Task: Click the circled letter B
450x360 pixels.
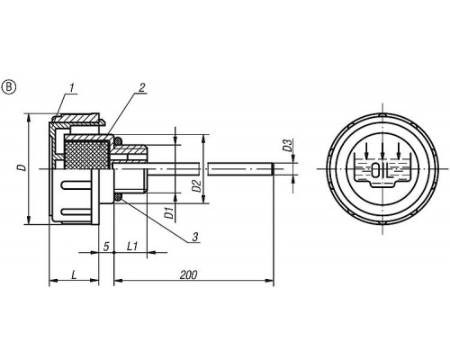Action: [9, 87]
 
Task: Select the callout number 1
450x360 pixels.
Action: [72, 88]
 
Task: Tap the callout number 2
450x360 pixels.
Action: [142, 87]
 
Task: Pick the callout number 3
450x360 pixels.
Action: [195, 237]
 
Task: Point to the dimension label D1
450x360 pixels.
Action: [169, 212]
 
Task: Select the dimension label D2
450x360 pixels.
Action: [196, 186]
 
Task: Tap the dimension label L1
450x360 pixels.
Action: [132, 247]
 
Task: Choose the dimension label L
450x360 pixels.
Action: [74, 274]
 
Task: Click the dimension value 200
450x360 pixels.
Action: [189, 274]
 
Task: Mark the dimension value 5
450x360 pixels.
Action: [106, 247]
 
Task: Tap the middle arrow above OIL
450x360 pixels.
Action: [382, 149]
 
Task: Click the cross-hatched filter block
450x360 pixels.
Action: [87, 155]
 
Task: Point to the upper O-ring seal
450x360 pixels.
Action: [119, 140]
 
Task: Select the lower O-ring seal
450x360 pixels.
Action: [119, 197]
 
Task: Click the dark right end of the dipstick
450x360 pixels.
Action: [273, 168]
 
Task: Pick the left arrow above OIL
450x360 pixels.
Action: [366, 149]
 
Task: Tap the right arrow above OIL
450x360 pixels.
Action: [399, 149]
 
